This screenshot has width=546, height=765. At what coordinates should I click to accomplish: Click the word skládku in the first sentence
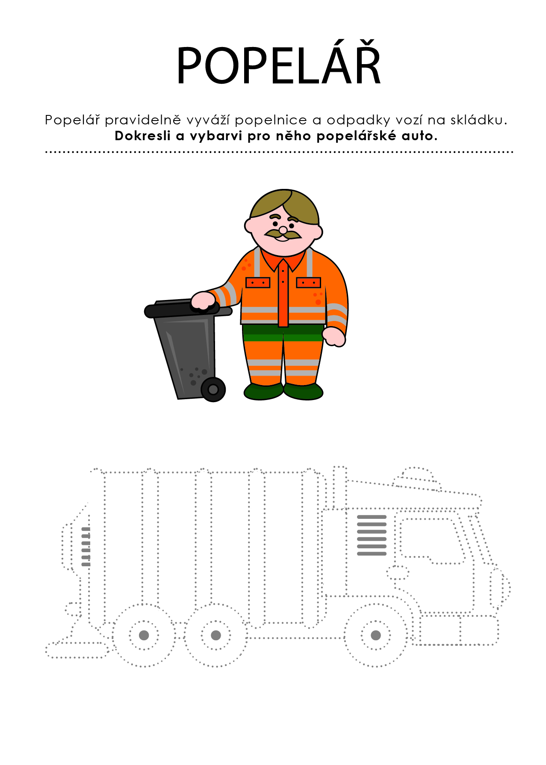(x=478, y=120)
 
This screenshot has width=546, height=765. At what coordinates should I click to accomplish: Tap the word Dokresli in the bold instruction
(x=143, y=136)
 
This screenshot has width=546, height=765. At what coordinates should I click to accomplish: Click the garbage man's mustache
(x=283, y=234)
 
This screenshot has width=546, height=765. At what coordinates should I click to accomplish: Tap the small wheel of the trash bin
(x=213, y=389)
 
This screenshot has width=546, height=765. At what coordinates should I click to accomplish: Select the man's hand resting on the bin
(x=203, y=300)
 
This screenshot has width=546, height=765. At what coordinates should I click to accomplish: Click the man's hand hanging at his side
(x=334, y=336)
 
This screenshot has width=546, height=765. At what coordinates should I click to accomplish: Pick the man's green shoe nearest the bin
(x=263, y=391)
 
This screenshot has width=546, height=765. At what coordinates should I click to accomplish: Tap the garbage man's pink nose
(x=283, y=230)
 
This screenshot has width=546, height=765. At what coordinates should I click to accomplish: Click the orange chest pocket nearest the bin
(x=258, y=282)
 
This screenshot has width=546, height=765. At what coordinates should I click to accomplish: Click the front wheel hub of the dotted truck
(x=376, y=635)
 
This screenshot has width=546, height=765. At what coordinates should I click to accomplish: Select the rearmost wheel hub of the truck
(x=144, y=635)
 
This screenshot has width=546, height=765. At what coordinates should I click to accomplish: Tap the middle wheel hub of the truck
(x=216, y=635)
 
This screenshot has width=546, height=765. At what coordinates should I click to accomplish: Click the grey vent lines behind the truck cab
(x=372, y=535)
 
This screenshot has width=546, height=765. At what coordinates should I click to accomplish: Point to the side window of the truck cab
(x=432, y=541)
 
